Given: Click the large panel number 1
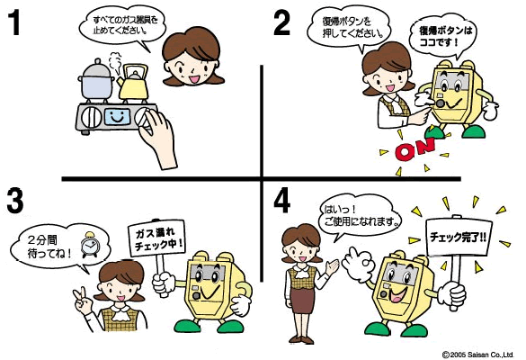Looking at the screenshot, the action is coord(14,22).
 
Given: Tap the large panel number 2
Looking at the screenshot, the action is coord(281,22).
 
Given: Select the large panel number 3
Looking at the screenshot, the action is coord(14,201).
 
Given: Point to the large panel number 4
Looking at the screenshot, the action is coord(281,201).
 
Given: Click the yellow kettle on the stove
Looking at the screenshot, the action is coord(133,82).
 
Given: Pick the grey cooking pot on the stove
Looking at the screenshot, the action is coord(96,81).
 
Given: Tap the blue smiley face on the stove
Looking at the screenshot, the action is coord(117,117).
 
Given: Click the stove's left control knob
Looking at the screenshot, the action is coord(91,117).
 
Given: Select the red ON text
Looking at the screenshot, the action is coord(415,148).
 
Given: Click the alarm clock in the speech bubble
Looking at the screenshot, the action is coord(89,245).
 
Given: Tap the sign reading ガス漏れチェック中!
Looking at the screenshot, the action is coord(156,238).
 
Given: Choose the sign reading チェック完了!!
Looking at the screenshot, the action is coord(459,237).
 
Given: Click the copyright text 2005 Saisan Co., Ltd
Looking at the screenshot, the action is coord(477,355).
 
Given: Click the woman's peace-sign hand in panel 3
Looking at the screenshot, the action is coord(83,301).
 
